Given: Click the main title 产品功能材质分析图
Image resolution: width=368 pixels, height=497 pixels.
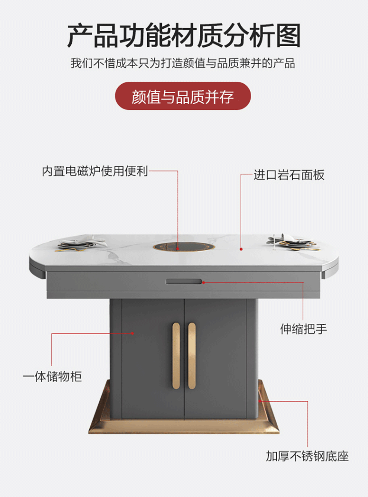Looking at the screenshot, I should [184, 36].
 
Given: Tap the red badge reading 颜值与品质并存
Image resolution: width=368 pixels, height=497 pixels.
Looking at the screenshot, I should [183, 96].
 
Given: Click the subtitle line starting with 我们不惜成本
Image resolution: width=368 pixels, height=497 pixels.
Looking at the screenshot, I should [183, 63].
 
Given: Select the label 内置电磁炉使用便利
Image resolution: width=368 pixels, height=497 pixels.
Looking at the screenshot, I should [95, 171].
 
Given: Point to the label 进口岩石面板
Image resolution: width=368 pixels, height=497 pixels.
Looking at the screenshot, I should [289, 175].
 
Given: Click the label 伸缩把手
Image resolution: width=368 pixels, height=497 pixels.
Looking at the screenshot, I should [303, 329].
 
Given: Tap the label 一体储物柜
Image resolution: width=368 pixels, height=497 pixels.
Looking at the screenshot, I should [52, 377].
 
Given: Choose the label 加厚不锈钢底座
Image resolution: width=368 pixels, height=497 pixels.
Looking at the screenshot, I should [307, 456].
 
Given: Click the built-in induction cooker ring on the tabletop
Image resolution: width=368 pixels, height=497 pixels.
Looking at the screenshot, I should [178, 246].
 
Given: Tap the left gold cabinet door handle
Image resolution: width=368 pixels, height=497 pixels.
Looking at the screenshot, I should [176, 356].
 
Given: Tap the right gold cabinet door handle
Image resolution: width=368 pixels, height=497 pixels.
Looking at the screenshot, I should [192, 356].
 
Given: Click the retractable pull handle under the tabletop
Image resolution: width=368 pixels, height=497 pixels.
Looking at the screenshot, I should [184, 282].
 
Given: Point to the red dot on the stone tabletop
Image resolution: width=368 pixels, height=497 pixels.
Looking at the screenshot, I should [241, 249].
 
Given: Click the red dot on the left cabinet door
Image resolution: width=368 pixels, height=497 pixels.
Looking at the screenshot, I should [132, 333].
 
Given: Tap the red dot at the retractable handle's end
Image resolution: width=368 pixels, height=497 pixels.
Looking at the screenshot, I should [203, 283].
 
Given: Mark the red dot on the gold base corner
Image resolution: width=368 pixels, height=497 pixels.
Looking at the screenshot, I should [260, 401].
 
